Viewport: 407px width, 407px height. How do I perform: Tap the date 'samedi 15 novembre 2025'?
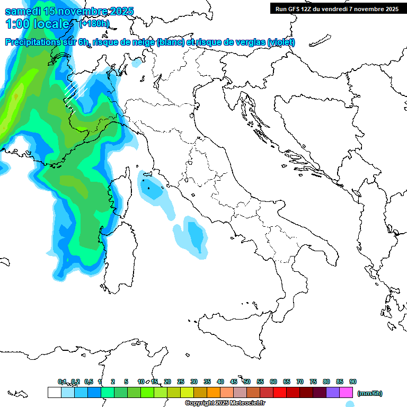(x=69, y=11)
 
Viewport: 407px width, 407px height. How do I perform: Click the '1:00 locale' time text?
(x=38, y=24)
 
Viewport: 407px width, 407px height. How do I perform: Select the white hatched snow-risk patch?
(x=74, y=93)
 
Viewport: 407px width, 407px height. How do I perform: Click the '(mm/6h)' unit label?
(x=369, y=393)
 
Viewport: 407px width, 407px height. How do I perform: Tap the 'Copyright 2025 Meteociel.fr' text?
(x=225, y=403)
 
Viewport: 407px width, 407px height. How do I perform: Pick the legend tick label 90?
(x=353, y=382)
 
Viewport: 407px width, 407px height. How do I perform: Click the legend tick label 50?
(x=247, y=382)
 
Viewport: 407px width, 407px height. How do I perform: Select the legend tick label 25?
(x=181, y=382)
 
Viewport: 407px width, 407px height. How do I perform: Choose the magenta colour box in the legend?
(x=346, y=393)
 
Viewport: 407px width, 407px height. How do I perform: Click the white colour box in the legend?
(x=54, y=393)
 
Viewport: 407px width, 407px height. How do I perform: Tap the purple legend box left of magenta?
(x=333, y=393)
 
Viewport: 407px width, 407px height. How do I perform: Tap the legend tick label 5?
(x=126, y=382)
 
